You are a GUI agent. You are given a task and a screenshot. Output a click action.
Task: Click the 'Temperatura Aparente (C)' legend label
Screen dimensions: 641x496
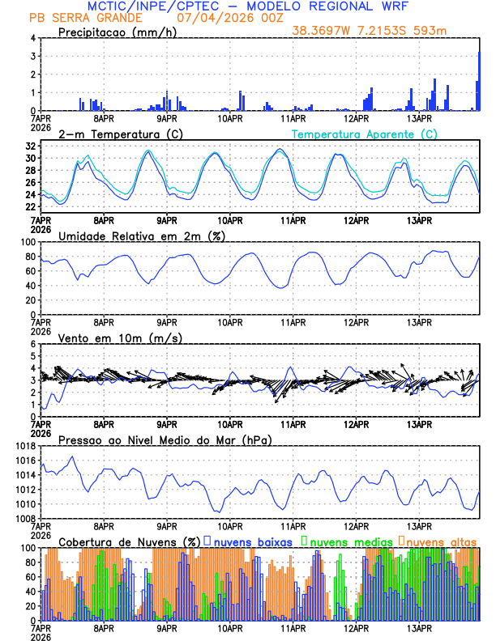(364, 134)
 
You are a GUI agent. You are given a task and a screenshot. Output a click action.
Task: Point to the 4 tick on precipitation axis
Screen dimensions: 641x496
(32, 38)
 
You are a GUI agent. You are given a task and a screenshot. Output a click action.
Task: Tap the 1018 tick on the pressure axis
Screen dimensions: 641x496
(24, 446)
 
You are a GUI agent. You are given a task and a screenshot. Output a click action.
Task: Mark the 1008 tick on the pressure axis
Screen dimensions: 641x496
(24, 519)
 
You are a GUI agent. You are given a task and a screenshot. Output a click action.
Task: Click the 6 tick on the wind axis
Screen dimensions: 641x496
(32, 344)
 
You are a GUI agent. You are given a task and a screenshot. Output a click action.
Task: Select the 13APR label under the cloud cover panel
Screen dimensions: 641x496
(419, 628)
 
